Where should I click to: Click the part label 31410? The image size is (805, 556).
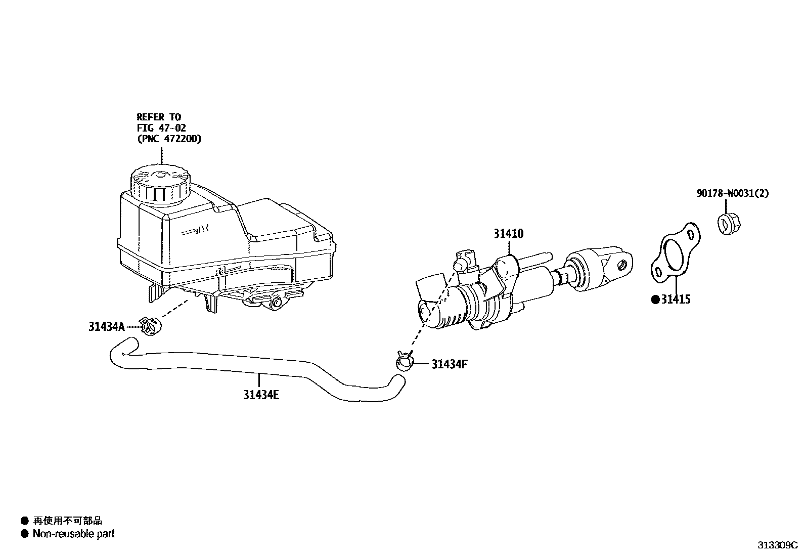(509, 234)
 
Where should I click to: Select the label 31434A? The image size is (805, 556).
(106, 327)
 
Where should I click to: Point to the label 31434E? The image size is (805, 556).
(261, 395)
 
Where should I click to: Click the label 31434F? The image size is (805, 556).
(450, 364)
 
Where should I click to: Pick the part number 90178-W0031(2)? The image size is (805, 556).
(733, 193)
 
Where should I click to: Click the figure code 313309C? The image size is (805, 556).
(777, 545)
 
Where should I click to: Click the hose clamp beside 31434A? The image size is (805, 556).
(150, 326)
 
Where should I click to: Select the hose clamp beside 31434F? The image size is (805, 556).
(405, 362)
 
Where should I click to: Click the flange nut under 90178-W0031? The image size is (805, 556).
(727, 223)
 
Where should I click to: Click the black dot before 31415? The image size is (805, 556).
(655, 300)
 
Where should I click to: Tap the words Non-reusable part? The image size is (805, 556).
(74, 534)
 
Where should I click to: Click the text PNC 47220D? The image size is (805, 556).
(169, 139)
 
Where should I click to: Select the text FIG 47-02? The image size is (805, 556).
(161, 128)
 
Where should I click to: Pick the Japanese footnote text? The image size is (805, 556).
(67, 521)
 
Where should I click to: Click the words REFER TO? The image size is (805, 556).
(159, 117)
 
